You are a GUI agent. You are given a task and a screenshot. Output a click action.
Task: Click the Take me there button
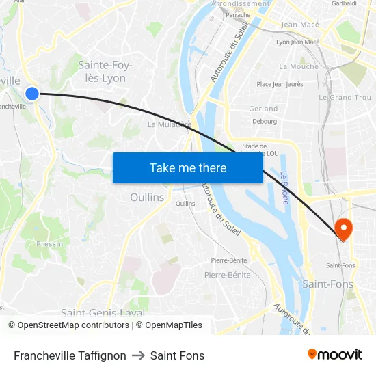pyautogui.click(x=188, y=167)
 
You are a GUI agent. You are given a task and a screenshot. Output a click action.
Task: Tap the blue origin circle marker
pyautogui.click(x=32, y=94)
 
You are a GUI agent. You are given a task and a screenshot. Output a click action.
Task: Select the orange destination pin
pyautogui.click(x=343, y=228)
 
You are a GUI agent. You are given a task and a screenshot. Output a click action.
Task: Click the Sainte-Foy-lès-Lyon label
pyautogui.click(x=105, y=72)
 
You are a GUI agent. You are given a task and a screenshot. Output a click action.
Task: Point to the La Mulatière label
pyautogui.click(x=169, y=124)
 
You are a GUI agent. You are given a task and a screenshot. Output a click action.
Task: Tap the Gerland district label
pyautogui.click(x=263, y=109)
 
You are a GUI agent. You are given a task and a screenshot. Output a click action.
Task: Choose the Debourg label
pyautogui.click(x=265, y=121)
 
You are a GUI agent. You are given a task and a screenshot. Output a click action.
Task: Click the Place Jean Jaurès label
pyautogui.click(x=279, y=84)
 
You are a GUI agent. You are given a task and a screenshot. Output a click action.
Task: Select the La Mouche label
pyautogui.click(x=298, y=66)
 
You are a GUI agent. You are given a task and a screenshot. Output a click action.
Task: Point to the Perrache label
pyautogui.click(x=238, y=14)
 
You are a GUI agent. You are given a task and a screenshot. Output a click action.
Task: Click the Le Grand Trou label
pyautogui.click(x=345, y=98)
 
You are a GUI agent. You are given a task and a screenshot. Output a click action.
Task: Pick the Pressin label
pyautogui.click(x=50, y=243)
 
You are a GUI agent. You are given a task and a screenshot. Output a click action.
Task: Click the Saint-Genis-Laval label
pyautogui.click(x=103, y=312)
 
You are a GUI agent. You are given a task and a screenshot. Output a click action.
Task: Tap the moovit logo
pyautogui.click(x=334, y=355)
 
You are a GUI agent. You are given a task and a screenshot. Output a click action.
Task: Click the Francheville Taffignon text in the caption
pyautogui.click(x=70, y=355)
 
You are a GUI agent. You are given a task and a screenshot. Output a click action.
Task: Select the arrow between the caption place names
pyautogui.click(x=138, y=355)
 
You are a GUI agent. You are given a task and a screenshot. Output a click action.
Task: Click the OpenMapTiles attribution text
pyautogui.click(x=169, y=325)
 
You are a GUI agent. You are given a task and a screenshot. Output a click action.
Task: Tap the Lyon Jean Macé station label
pyautogui.click(x=297, y=42)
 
